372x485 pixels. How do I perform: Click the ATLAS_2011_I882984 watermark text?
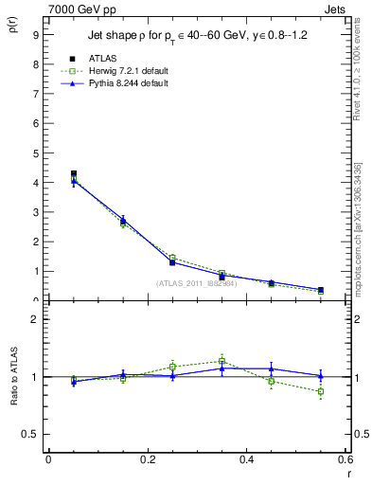click(x=196, y=283)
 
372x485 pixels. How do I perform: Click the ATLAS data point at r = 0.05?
click(x=73, y=174)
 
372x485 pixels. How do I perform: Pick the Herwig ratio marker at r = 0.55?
click(x=321, y=391)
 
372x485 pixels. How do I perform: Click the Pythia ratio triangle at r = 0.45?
click(x=272, y=368)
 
